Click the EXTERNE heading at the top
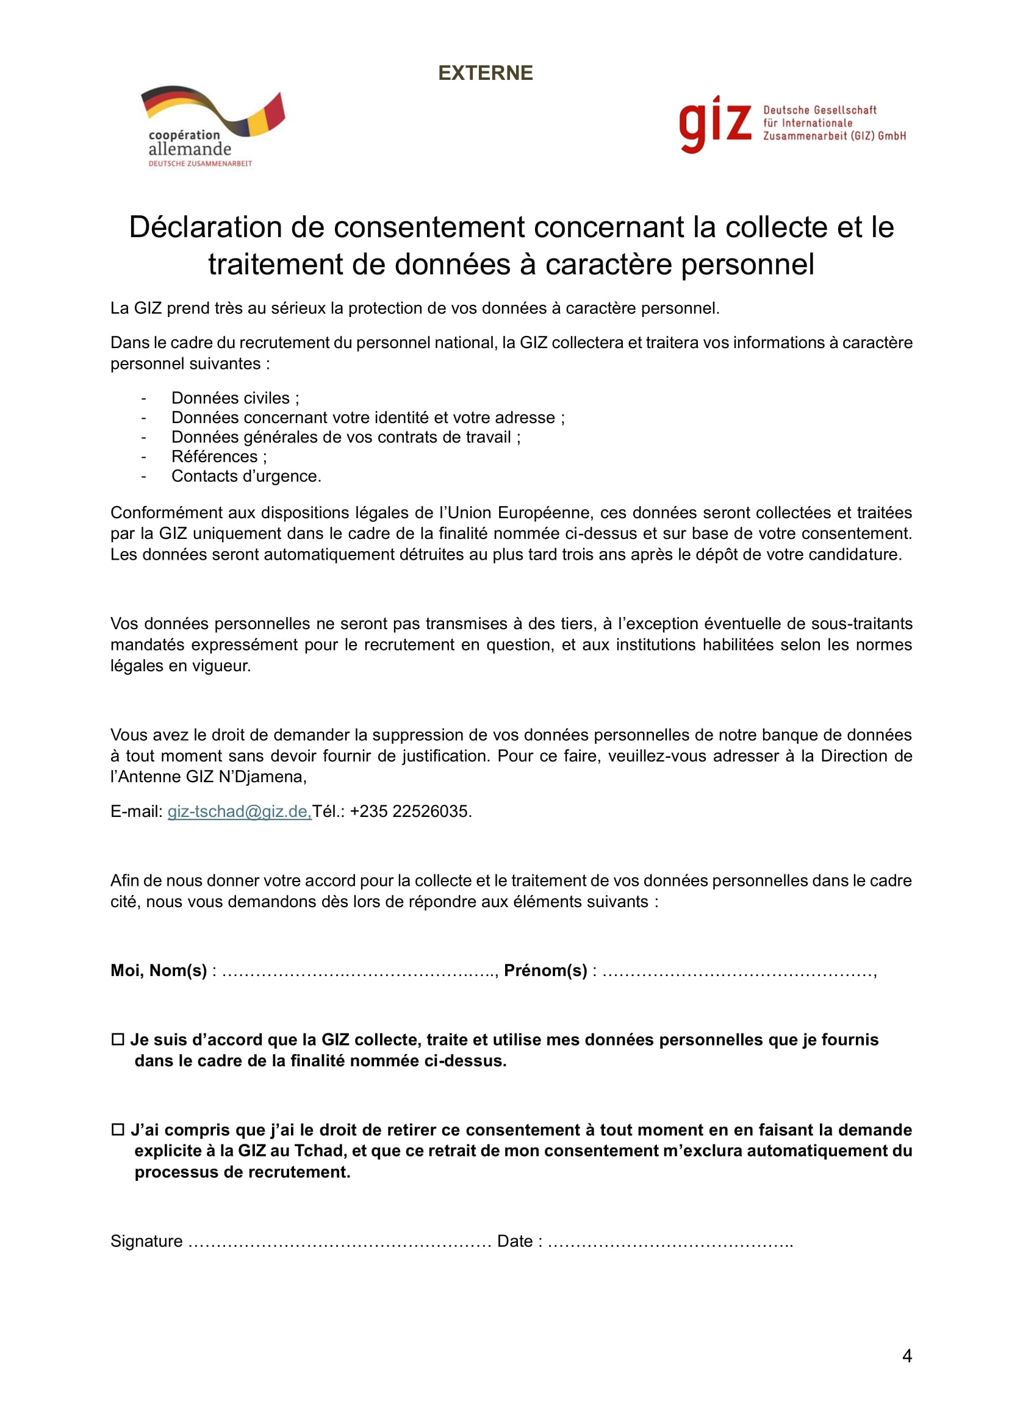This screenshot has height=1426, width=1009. [485, 73]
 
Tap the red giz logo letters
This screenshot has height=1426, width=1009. [714, 124]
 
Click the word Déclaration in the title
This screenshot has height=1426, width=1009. [205, 227]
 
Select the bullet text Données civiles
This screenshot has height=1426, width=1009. [231, 398]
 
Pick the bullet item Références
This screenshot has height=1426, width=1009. [214, 457]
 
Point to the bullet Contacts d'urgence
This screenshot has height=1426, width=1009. [246, 476]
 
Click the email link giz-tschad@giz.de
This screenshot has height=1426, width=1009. [239, 811]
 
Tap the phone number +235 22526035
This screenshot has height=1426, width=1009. [409, 811]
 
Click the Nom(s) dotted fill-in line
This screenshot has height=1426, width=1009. [359, 971]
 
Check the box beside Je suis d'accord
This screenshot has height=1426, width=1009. [117, 1039]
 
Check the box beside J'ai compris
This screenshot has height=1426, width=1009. [117, 1130]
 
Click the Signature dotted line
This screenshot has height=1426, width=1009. [339, 1241]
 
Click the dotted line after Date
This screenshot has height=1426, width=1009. [670, 1241]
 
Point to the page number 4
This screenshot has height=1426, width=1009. [907, 1356]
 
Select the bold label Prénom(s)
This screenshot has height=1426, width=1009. [545, 971]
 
